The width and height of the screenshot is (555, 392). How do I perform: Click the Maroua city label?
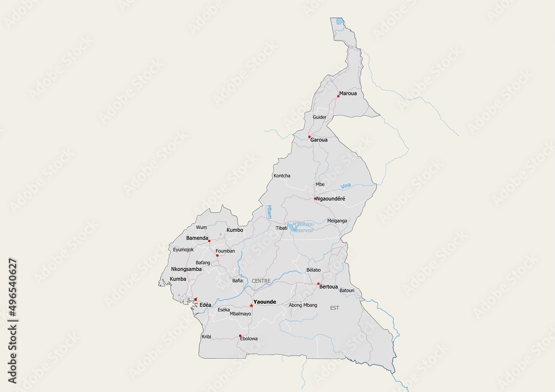point(349,93)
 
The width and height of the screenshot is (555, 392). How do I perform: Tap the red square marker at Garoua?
point(310,136)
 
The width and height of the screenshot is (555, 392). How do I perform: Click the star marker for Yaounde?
point(251,306)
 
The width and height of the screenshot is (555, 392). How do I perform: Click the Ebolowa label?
point(249,338)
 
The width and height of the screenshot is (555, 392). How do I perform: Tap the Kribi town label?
point(206,337)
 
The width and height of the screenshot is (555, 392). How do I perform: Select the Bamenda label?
point(197,238)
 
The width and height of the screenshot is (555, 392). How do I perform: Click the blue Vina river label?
point(346,186)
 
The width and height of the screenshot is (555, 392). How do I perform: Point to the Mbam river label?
point(269,212)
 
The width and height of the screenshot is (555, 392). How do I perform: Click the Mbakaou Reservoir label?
point(302,227)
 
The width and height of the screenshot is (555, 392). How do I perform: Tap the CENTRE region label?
point(261,281)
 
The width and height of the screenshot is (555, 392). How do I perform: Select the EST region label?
point(334,307)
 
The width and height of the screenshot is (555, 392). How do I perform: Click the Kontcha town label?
point(282,176)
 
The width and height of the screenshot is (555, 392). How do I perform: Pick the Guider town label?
point(320,118)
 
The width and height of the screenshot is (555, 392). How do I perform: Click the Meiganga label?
point(337,220)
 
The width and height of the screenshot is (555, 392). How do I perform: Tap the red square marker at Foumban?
point(217,256)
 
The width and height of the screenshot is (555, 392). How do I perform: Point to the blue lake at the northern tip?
point(337,22)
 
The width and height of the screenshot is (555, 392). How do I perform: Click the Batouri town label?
point(347,291)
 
